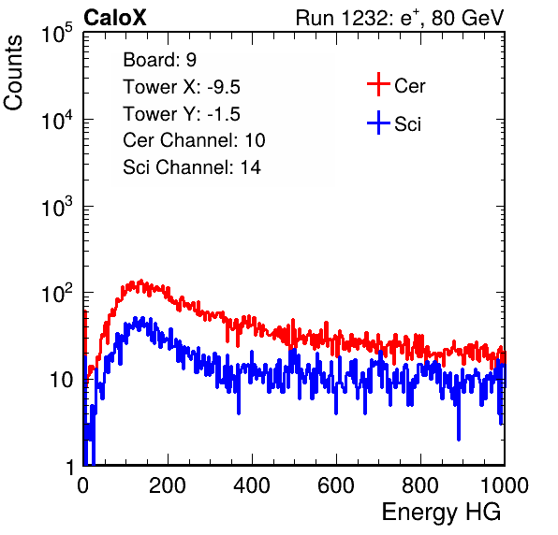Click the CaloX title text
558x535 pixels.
(115, 18)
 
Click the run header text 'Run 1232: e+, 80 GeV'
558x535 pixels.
(400, 18)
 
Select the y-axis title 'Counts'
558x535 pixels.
(13, 73)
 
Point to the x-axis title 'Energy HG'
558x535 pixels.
(441, 513)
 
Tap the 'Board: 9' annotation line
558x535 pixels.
(160, 60)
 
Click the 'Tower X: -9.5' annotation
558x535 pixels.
(182, 87)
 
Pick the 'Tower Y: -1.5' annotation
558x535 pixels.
(182, 114)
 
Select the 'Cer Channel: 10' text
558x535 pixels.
(194, 140)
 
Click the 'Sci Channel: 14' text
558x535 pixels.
(192, 167)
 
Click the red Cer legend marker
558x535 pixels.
(378, 84)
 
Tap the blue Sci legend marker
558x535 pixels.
(378, 123)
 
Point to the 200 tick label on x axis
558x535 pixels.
(168, 484)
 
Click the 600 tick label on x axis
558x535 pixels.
(336, 484)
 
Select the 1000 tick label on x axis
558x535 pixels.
(505, 484)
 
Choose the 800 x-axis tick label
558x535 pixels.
(420, 484)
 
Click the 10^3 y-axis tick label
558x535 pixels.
(57, 207)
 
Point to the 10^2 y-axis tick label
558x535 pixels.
(57, 294)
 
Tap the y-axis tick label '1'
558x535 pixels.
(70, 467)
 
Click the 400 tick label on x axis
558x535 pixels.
(252, 484)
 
